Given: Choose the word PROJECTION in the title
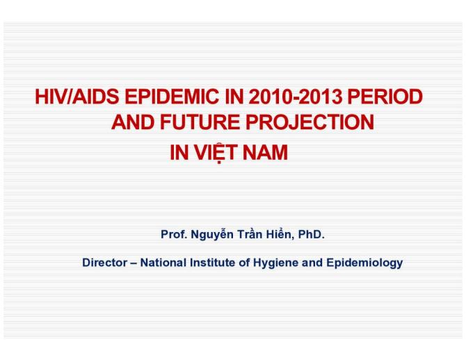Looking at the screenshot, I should pyautogui.click(x=309, y=123).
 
